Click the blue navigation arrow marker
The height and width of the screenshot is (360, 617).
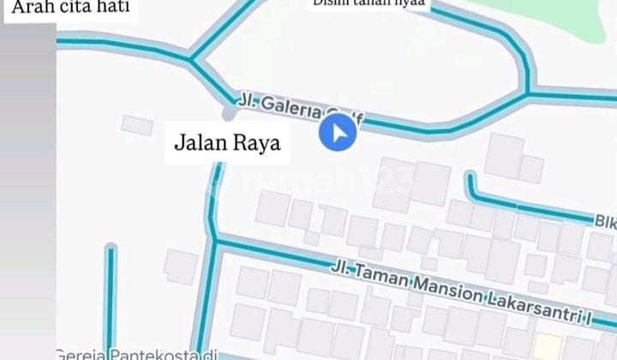(338, 134)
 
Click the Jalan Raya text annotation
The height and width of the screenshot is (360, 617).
(228, 142)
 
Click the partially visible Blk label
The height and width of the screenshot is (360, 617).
(605, 221)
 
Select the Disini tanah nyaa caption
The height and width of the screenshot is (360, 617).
(369, 3)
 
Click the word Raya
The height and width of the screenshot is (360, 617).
(256, 142)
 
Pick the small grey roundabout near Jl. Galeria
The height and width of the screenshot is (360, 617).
(229, 113)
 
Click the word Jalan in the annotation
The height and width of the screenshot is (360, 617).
(199, 142)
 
